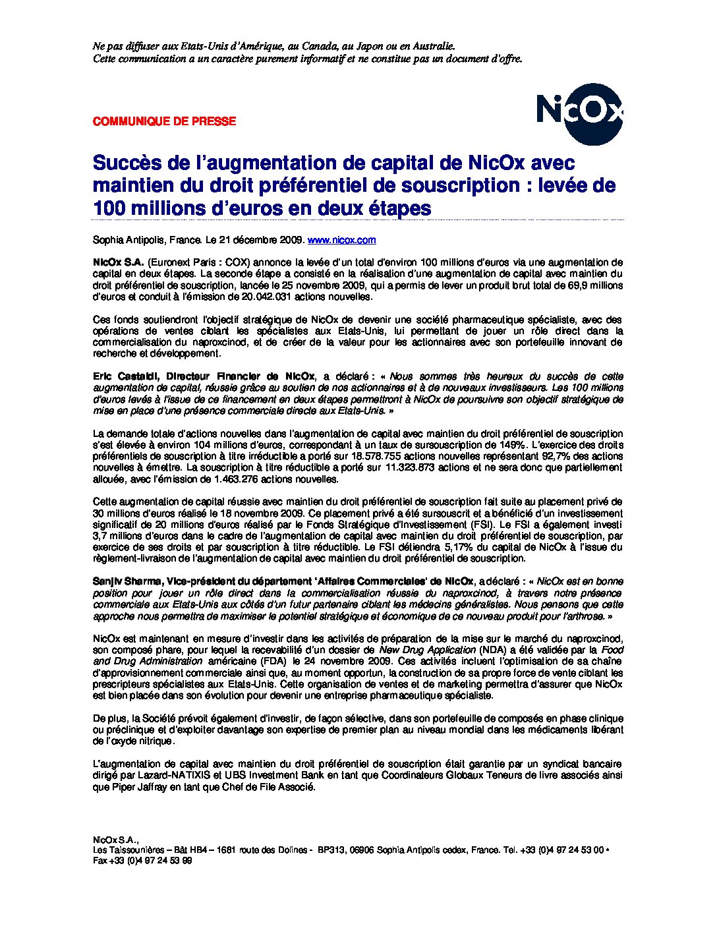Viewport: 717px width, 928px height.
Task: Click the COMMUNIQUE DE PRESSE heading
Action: point(164,121)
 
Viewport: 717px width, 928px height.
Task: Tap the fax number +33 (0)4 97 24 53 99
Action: point(150,861)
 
